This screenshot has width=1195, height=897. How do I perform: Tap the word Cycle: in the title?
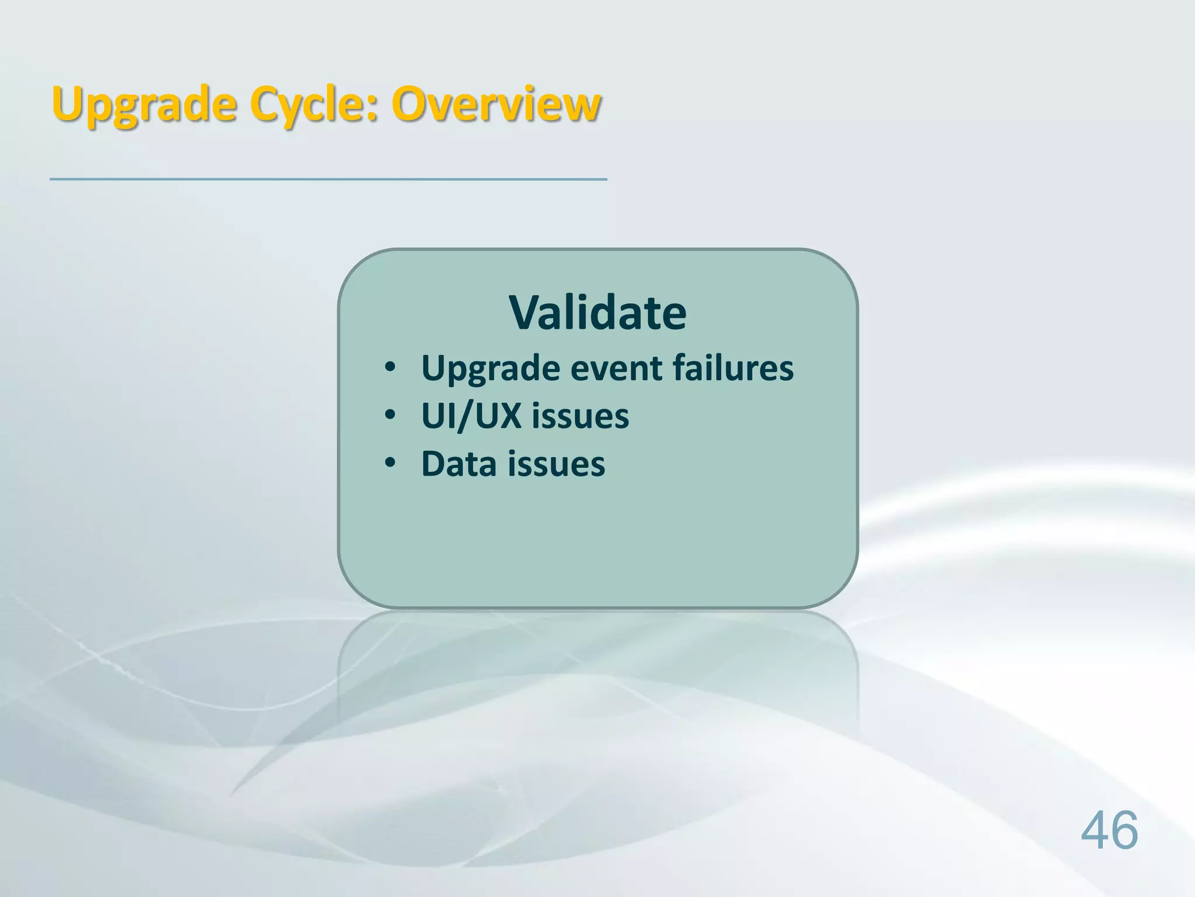coord(313,105)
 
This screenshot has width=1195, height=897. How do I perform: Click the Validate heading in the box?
coord(597,313)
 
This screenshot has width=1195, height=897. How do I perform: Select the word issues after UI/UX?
coord(580,416)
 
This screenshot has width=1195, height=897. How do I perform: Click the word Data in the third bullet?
coord(459,464)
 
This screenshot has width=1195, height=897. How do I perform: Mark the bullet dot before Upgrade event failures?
coord(390,368)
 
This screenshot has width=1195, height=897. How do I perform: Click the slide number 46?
coord(1109,830)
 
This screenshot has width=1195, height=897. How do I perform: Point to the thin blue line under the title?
coord(328,179)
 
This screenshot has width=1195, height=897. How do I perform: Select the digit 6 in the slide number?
coord(1124,830)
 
